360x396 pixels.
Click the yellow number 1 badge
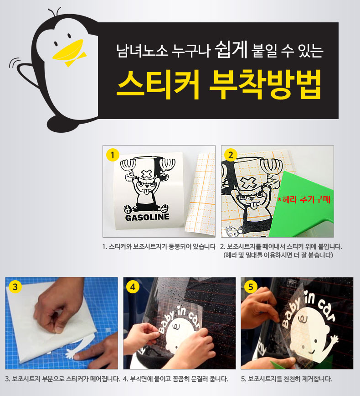point(113,155)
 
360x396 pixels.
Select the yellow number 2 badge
point(231,155)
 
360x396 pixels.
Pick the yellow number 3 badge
point(15,287)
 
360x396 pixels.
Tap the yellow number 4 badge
point(133,287)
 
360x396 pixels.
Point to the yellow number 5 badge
point(251,287)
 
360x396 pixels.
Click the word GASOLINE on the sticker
point(147,217)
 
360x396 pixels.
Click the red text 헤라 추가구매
point(304,199)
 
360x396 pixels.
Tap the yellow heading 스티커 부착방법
point(219,84)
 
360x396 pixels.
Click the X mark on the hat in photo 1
point(146,174)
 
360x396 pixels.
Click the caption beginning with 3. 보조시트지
point(62,379)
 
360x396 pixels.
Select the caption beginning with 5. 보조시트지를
point(286,379)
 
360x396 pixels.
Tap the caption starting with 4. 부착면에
point(175,379)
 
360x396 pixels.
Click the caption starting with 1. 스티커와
point(159,246)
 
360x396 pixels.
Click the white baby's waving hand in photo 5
point(334,340)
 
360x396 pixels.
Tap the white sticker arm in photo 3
point(72,354)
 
